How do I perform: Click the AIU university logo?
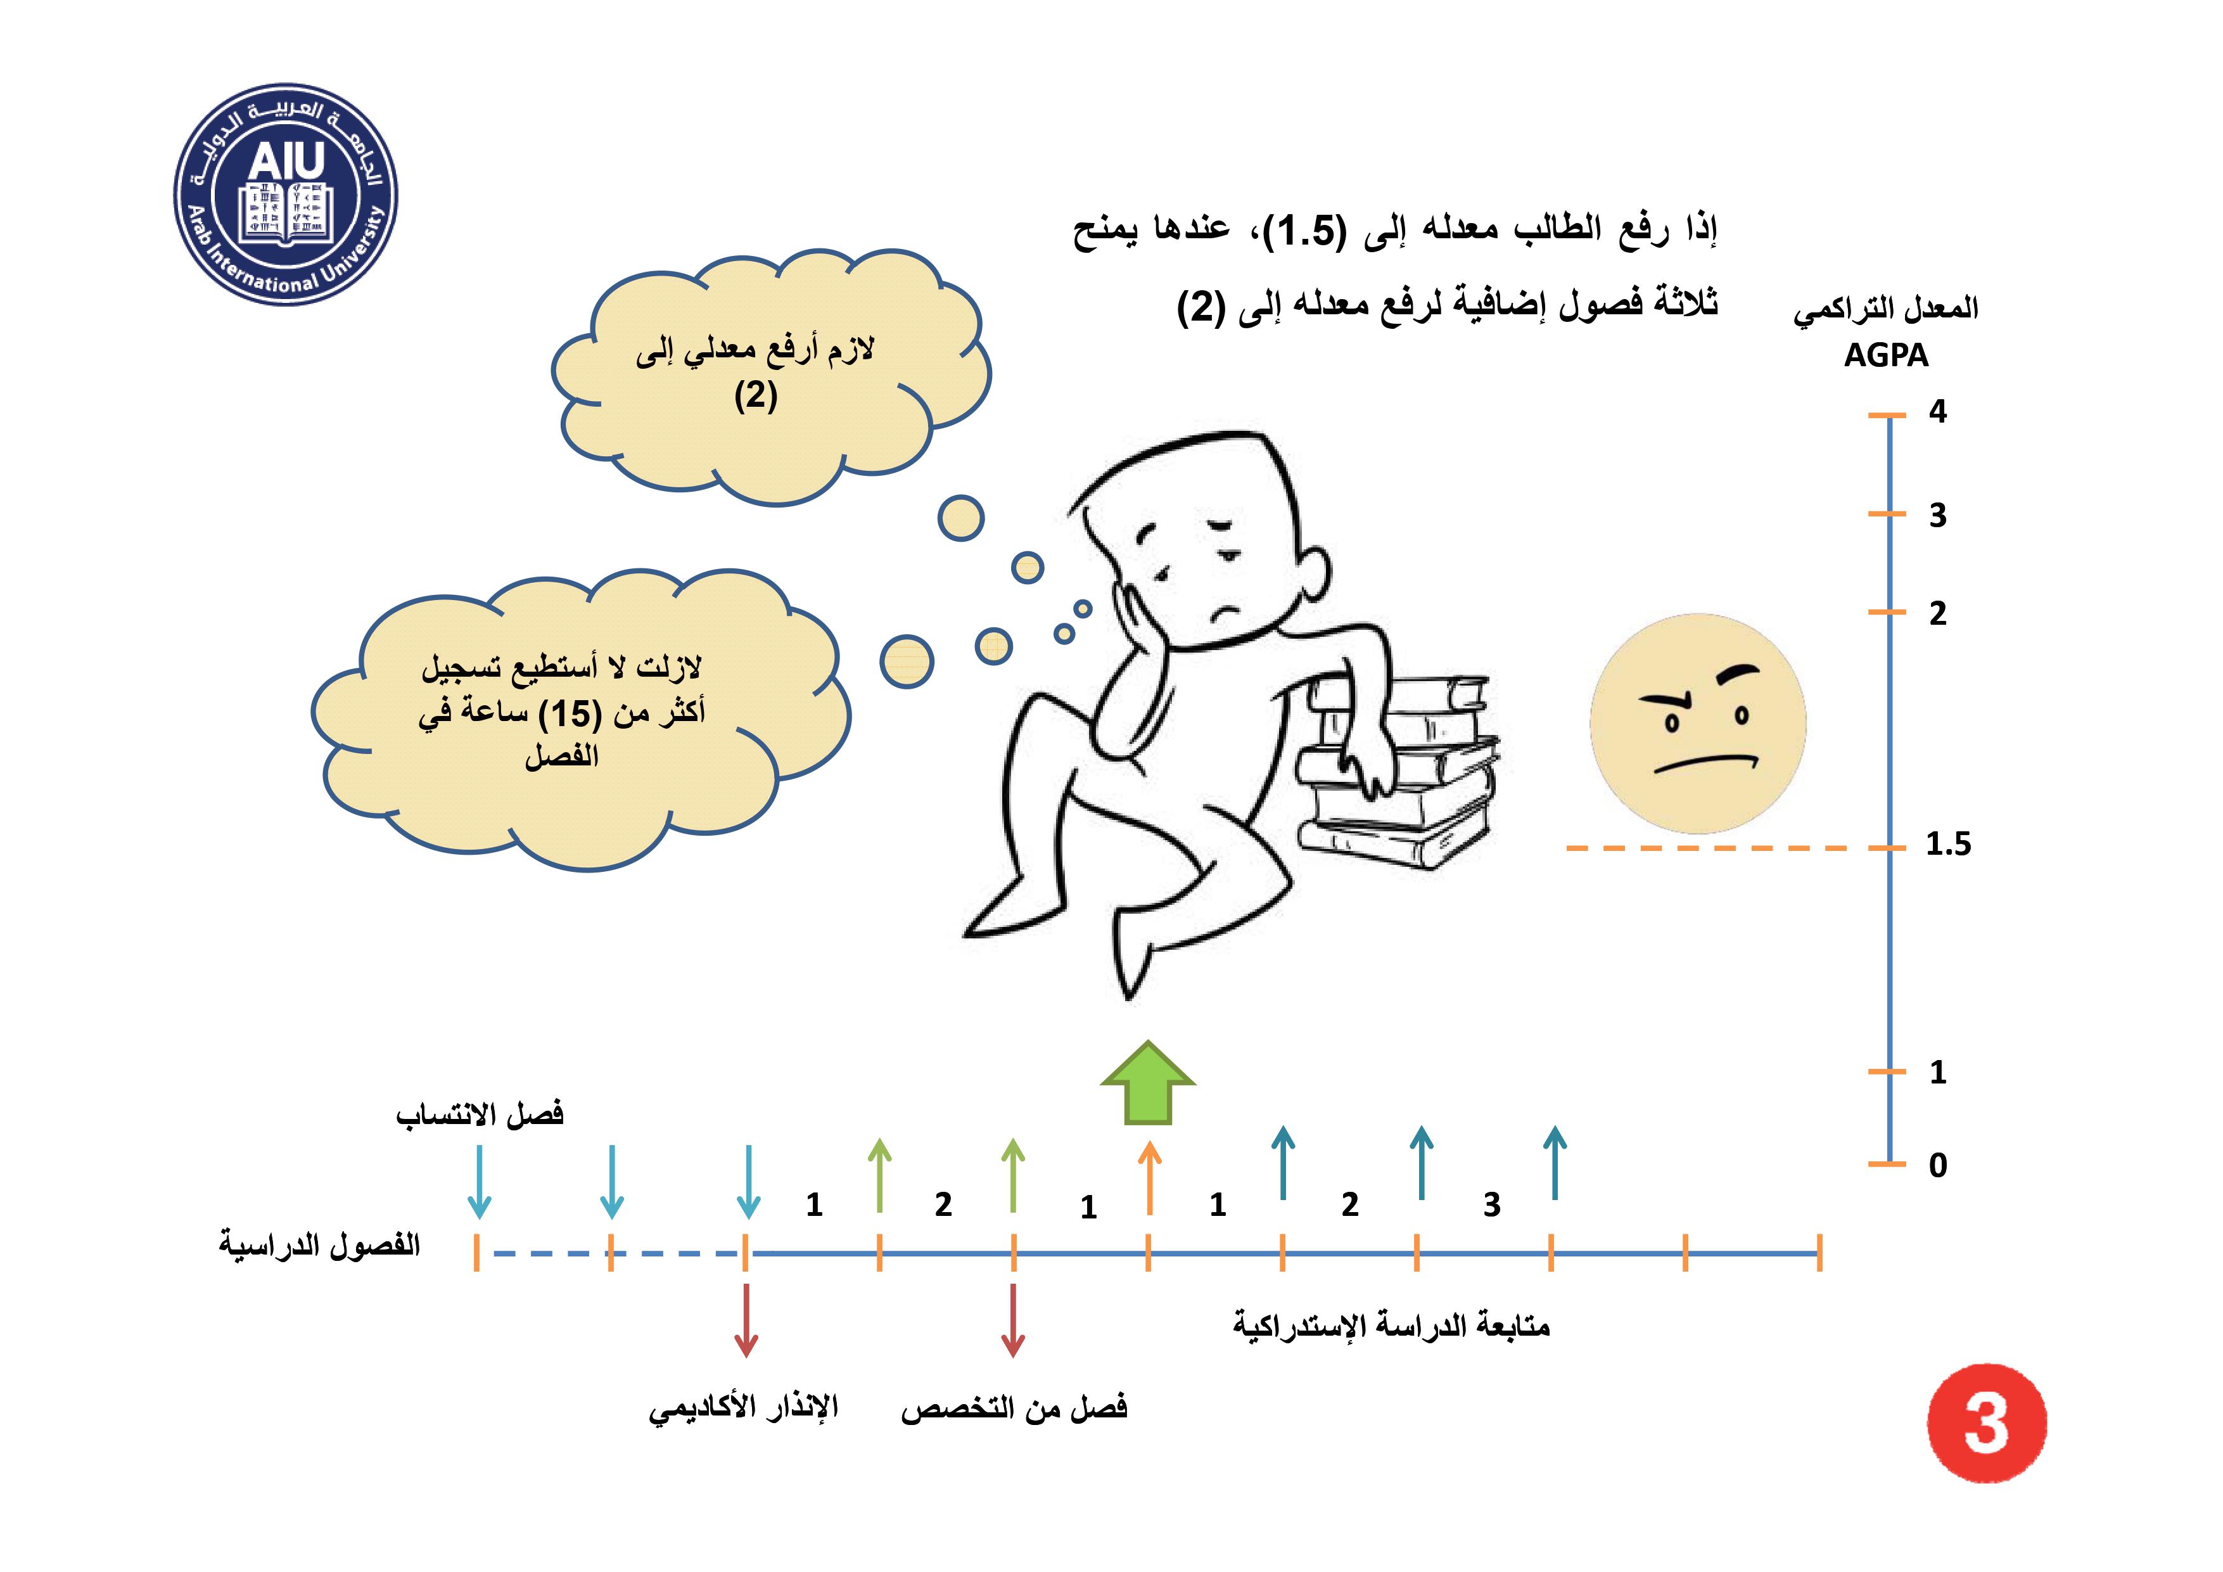(286, 194)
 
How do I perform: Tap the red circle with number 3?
(1987, 1424)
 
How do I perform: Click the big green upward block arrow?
(1149, 1082)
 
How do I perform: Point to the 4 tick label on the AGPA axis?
(1937, 412)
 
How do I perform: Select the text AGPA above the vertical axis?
(1885, 355)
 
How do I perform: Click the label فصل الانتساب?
(480, 1115)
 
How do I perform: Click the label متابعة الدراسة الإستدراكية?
(1391, 1325)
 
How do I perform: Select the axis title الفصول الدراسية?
(319, 1244)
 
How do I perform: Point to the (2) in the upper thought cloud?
(755, 396)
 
